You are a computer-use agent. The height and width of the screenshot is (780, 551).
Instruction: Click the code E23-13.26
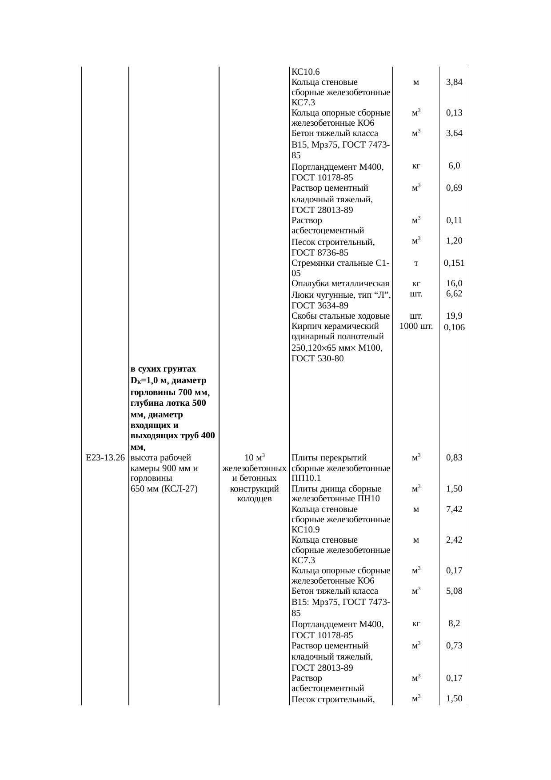105,457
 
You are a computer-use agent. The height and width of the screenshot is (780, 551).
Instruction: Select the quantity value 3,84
454,82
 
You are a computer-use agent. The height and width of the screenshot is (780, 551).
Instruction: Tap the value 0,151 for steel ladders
454,263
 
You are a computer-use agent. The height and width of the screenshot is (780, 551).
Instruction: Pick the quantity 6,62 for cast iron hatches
454,293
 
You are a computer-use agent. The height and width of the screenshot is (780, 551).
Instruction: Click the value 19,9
454,316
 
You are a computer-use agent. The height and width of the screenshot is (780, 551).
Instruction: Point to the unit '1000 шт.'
416,327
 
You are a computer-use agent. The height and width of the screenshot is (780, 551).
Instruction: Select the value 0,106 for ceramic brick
454,328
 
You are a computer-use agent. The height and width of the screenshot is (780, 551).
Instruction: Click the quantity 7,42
454,509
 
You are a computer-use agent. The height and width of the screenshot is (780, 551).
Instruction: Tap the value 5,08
454,591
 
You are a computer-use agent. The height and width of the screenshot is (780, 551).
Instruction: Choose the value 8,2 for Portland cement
454,624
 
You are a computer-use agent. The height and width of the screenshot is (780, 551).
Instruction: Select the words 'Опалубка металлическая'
340,284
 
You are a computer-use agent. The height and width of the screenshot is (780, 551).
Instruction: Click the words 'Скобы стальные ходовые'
340,316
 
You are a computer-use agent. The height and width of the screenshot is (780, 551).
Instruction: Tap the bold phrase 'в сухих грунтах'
163,369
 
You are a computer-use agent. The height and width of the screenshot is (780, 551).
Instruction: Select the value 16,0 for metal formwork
454,284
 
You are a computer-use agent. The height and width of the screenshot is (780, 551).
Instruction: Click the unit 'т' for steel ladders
415,263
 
